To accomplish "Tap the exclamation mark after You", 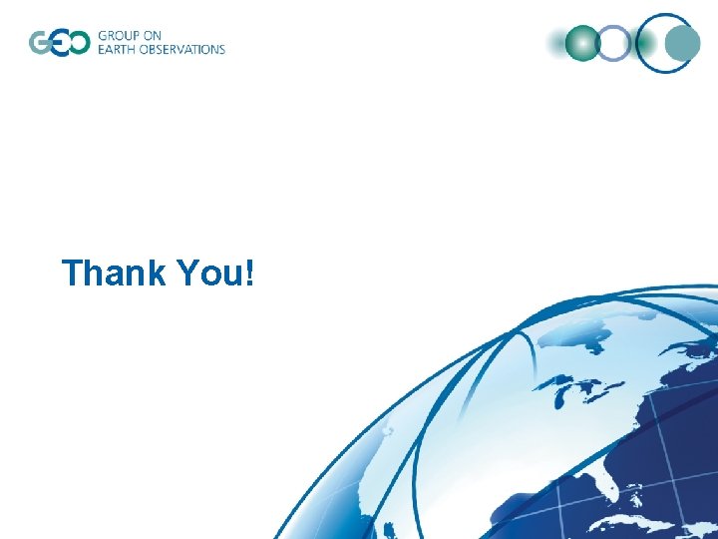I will pyautogui.click(x=247, y=272).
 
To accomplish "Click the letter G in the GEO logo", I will pyautogui.click(x=42, y=43).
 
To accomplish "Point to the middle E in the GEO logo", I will pyautogui.click(x=59, y=43).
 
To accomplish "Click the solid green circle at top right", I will pyautogui.click(x=582, y=43).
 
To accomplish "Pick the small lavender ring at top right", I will pyautogui.click(x=615, y=43).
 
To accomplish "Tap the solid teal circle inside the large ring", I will pyautogui.click(x=683, y=43).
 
